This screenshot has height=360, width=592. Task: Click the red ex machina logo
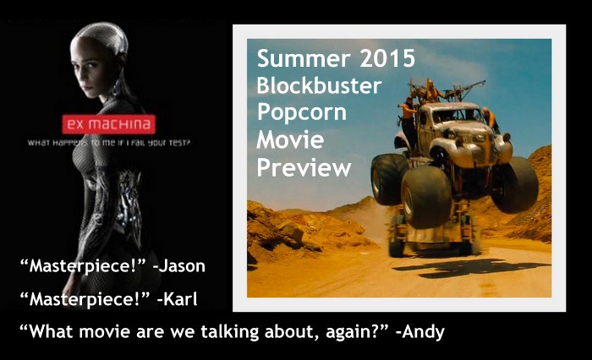click(109, 124)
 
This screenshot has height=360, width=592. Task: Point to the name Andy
click(423, 332)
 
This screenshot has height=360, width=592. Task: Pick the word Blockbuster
click(319, 85)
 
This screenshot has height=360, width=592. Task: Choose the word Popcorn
click(301, 113)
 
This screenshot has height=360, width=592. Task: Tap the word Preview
click(304, 167)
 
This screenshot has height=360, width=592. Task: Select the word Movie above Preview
click(290, 140)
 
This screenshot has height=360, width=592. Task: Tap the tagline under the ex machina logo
click(109, 143)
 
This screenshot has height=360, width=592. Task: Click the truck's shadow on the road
click(471, 268)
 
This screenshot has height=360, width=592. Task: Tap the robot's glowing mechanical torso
click(109, 196)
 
